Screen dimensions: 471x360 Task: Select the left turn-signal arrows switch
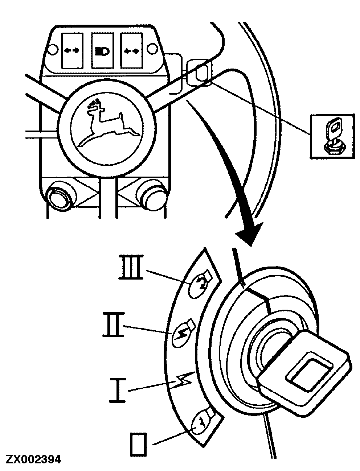point(71,51)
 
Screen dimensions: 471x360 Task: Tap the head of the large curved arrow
point(250,236)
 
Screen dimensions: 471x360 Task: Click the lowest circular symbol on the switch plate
point(199,422)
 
